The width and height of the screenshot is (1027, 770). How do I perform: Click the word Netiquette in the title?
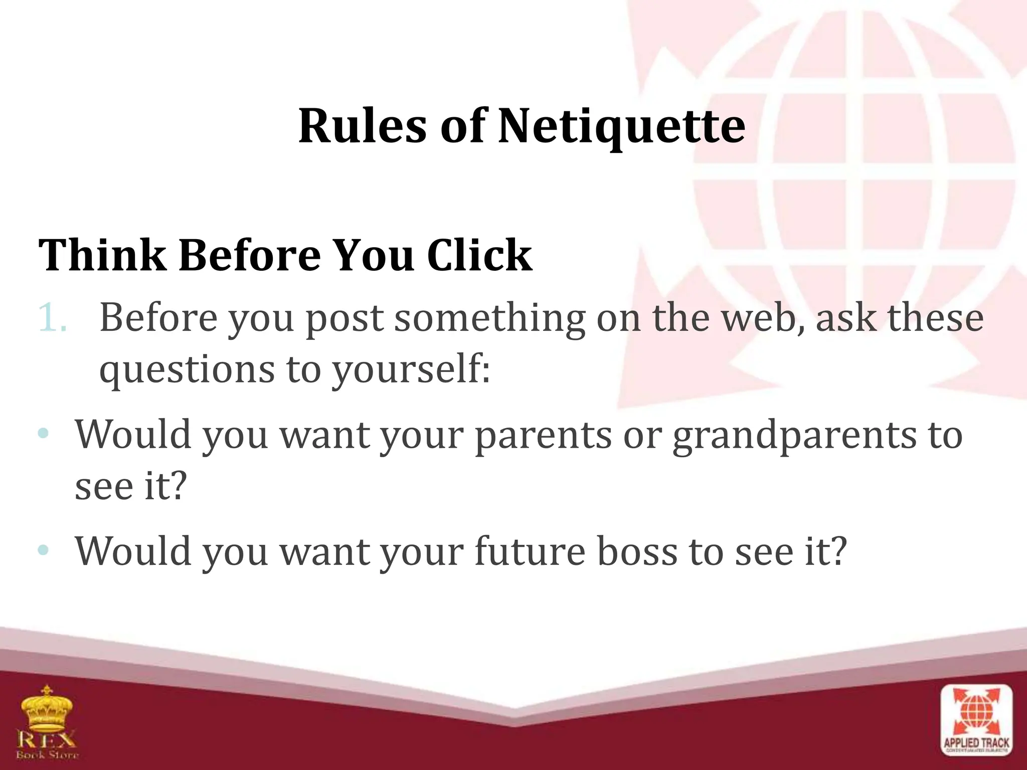pyautogui.click(x=621, y=126)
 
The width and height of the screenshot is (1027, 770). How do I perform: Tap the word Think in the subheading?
pyautogui.click(x=102, y=256)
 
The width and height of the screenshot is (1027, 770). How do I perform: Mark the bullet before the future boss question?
pyautogui.click(x=44, y=550)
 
